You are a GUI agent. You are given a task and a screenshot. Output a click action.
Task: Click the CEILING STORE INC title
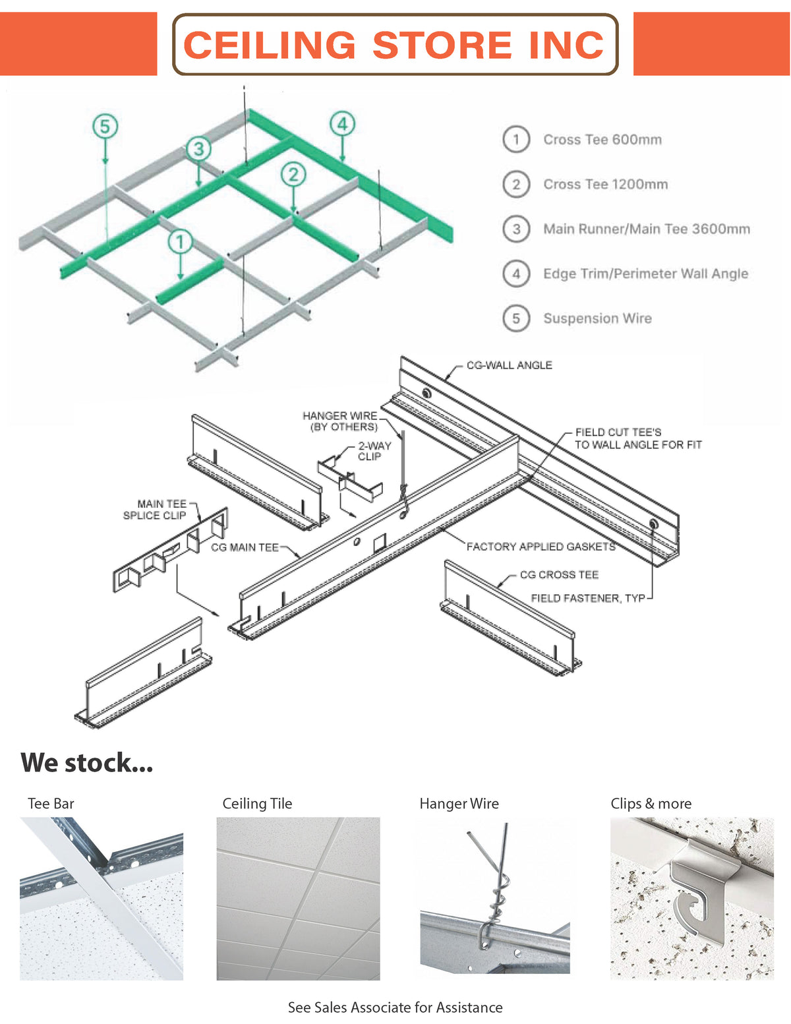pos(394,45)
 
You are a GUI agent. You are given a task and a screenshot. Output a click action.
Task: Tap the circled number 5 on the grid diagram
pos(105,126)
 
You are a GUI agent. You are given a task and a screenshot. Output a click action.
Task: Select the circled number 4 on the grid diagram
pos(342,123)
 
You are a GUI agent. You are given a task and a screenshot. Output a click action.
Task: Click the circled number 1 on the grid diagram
pos(180,241)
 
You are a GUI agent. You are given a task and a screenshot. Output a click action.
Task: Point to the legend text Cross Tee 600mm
pos(602,140)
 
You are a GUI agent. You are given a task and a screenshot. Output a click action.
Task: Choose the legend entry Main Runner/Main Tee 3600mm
pos(646,229)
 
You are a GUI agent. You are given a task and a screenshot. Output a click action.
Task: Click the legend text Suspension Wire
pos(597,318)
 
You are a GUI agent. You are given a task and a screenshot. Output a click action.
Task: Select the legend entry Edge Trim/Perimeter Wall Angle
pos(645,274)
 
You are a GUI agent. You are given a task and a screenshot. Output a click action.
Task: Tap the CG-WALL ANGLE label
pos(509,365)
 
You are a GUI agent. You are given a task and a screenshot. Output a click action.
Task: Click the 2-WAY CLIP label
pos(374,451)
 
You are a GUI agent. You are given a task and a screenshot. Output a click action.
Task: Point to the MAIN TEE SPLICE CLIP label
pos(156,510)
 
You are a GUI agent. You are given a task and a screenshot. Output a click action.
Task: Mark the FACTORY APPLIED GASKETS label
pos(541,547)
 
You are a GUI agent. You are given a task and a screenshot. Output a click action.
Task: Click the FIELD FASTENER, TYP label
pos(588,598)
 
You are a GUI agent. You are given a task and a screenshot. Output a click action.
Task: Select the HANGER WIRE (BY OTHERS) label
pos(340,421)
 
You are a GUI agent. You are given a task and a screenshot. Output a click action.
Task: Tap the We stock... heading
pos(87,763)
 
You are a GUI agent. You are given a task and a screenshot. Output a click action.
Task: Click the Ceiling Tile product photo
pos(298,898)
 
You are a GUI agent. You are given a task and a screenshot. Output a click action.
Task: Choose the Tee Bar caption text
pos(51,804)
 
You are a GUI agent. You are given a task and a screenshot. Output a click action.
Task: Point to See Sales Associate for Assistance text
pos(395,1008)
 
